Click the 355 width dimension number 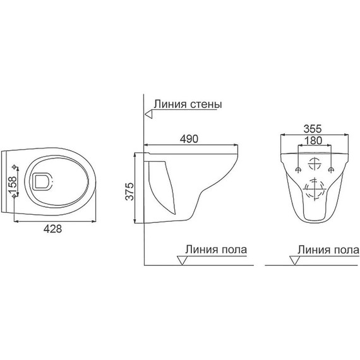(x=313, y=126)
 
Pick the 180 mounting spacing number (x=313, y=140)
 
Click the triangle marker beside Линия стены (x=148, y=114)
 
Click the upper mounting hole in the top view (x=15, y=167)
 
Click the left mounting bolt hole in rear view (x=297, y=169)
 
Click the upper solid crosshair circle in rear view (x=313, y=162)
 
